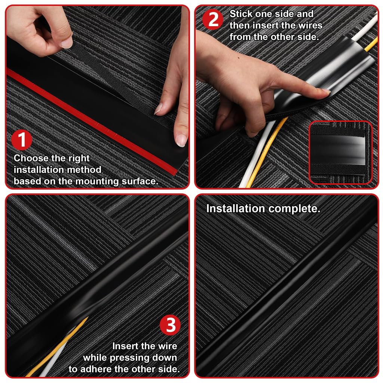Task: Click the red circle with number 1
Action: pos(22,140)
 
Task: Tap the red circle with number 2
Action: pos(213,19)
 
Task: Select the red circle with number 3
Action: pos(170,325)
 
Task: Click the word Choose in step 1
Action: pos(33,158)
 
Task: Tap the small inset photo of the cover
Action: pos(340,153)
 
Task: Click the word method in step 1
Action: pos(85,170)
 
